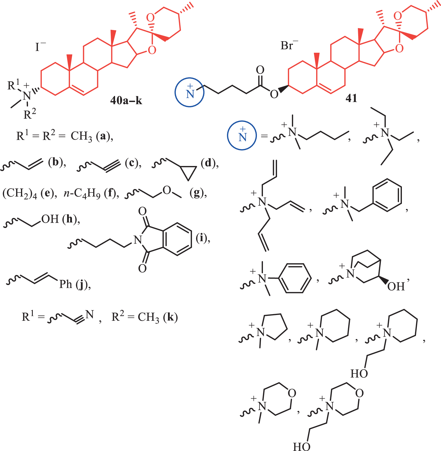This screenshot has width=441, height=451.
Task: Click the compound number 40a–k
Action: tap(126, 100)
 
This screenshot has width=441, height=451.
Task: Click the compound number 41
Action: tap(351, 98)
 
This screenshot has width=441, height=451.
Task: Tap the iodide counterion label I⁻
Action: tap(40, 47)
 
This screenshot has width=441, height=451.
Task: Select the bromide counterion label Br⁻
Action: tap(289, 45)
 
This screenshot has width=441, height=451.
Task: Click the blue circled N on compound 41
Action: tap(190, 92)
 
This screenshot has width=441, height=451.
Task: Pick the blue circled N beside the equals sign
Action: tap(242, 135)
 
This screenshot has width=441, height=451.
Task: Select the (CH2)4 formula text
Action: tap(20, 193)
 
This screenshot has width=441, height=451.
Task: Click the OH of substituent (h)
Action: tap(50, 219)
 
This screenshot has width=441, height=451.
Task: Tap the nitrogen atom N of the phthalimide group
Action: tap(138, 239)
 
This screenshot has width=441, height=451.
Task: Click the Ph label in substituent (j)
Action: tap(66, 284)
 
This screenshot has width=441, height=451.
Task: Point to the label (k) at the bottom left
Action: tap(170, 317)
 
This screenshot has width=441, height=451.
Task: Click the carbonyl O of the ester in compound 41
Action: tap(260, 70)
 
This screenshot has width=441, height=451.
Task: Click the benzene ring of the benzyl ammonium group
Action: tap(387, 195)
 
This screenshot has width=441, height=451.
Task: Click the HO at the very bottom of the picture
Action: tap(301, 446)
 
